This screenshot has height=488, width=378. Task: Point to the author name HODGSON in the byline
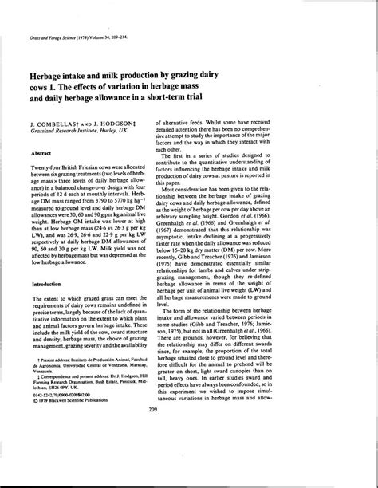click(122, 126)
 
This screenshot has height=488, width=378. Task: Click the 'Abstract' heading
click(42, 152)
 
